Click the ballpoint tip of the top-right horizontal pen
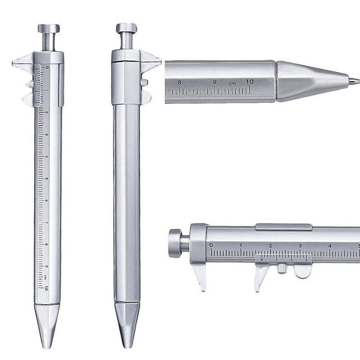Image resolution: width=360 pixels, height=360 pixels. pyautogui.click(x=355, y=79)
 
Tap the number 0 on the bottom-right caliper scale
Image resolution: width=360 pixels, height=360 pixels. pyautogui.click(x=211, y=245)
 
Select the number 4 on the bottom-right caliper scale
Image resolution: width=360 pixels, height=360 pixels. pyautogui.click(x=330, y=245)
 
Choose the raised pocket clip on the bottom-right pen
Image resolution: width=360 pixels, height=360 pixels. pyautogui.click(x=283, y=226)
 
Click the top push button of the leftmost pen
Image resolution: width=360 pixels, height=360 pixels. pyautogui.click(x=49, y=29)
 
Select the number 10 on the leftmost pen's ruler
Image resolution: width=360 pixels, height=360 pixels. pyautogui.click(x=46, y=288)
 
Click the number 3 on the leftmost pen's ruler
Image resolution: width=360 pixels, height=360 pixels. pyautogui.click(x=46, y=134)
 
